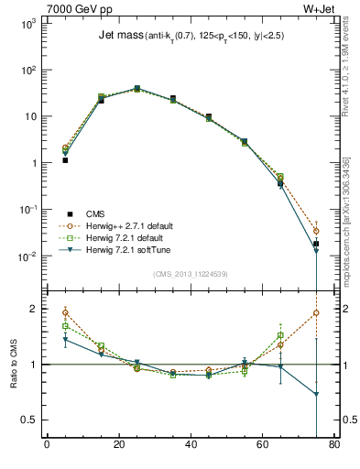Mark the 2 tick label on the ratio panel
pos(32,309)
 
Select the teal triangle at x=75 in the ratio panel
pos(316,395)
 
